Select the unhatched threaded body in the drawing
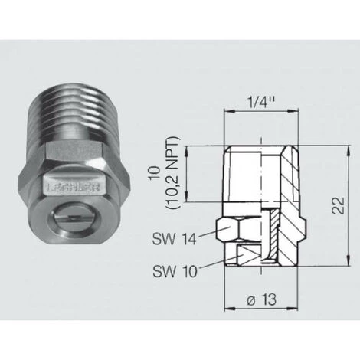coord(245,176)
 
